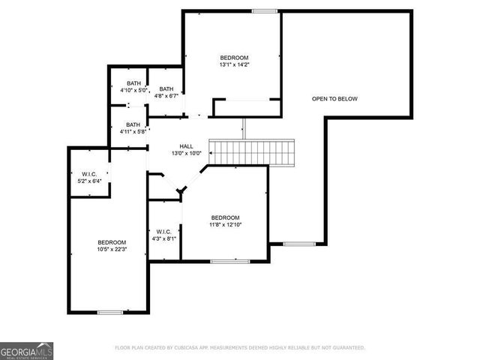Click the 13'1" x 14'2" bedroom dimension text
(x=234, y=65)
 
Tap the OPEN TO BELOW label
(x=334, y=98)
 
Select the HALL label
(x=187, y=146)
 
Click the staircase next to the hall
(x=253, y=152)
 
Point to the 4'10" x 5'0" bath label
(x=133, y=86)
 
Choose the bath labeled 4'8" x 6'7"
(x=166, y=92)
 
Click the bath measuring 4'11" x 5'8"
(x=133, y=128)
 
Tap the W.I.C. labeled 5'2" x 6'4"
(x=88, y=177)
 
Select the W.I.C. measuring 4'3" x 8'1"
(x=164, y=235)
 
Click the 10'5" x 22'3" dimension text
(x=112, y=250)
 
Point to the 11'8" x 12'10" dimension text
(x=225, y=224)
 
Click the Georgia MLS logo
(x=26, y=350)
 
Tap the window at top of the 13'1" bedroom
(x=263, y=10)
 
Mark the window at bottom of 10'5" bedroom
(x=110, y=312)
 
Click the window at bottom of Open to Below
(x=299, y=244)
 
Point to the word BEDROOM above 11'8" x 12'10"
(x=225, y=217)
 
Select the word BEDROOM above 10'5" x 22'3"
(x=112, y=242)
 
